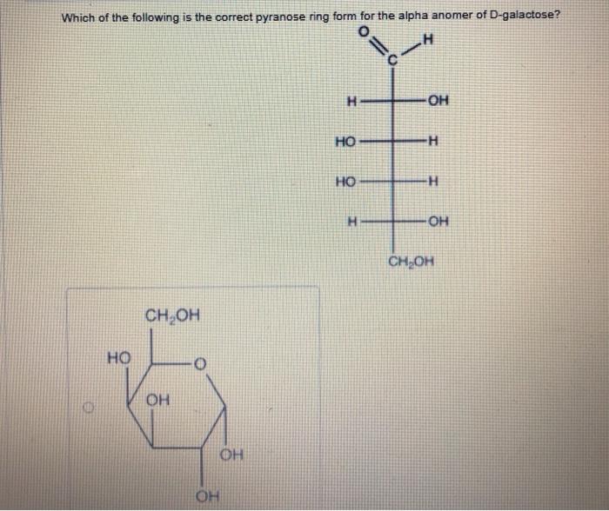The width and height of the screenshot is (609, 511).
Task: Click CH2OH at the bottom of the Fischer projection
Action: [x=411, y=261]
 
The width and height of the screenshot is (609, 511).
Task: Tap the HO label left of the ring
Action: [x=118, y=356]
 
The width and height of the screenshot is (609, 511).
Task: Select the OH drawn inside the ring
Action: [x=157, y=400]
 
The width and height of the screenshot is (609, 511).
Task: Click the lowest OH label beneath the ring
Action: [x=207, y=497]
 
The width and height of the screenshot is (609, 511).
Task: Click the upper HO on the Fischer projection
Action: [x=345, y=141]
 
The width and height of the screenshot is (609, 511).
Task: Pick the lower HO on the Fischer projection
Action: [x=345, y=182]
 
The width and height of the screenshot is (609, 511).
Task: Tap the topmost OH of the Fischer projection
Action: [x=438, y=101]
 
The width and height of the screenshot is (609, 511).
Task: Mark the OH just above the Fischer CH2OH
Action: [x=438, y=221]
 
